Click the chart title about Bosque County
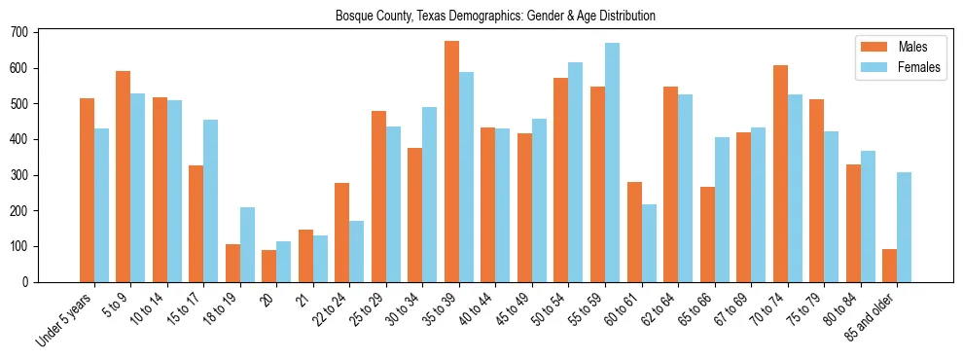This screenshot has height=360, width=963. [494, 16]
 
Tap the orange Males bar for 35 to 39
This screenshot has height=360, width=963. [451, 162]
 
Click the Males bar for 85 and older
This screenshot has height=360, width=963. [890, 266]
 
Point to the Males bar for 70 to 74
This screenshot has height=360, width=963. [780, 173]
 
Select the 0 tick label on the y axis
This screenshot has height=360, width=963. [27, 282]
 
